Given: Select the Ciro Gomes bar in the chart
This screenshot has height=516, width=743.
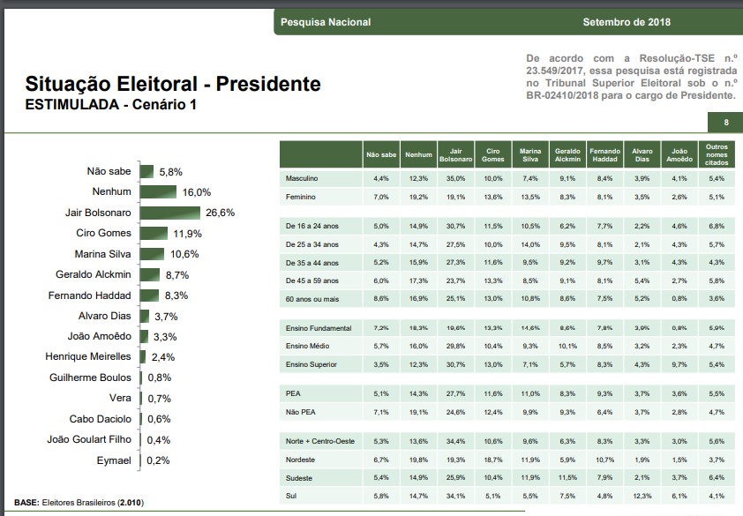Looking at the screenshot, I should pos(153,233).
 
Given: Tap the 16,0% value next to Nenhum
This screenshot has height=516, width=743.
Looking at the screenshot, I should pos(197,192).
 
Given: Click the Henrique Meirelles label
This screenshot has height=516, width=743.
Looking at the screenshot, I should pos(88,356).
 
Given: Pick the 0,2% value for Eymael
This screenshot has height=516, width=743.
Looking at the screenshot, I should pos(158,460).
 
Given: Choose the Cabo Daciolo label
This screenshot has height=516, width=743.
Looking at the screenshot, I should pos(101,419).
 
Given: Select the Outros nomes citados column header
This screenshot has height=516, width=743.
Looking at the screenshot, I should pos(716,154).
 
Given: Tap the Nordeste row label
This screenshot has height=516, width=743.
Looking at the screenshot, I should pos(302,459).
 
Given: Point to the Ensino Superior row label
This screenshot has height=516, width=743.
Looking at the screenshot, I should pos(311,364).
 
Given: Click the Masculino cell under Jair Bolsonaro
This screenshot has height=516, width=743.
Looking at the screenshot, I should pos(456,179).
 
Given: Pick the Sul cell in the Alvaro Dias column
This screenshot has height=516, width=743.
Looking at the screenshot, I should pos(642,496).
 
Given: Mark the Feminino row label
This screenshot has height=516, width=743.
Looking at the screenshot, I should pos(301,197).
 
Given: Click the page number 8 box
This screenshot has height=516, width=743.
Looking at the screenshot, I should pos(725,122).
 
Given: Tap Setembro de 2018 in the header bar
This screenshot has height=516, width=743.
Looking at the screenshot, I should pos(627,22).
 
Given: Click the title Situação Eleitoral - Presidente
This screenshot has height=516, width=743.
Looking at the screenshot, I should pos(173,85).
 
